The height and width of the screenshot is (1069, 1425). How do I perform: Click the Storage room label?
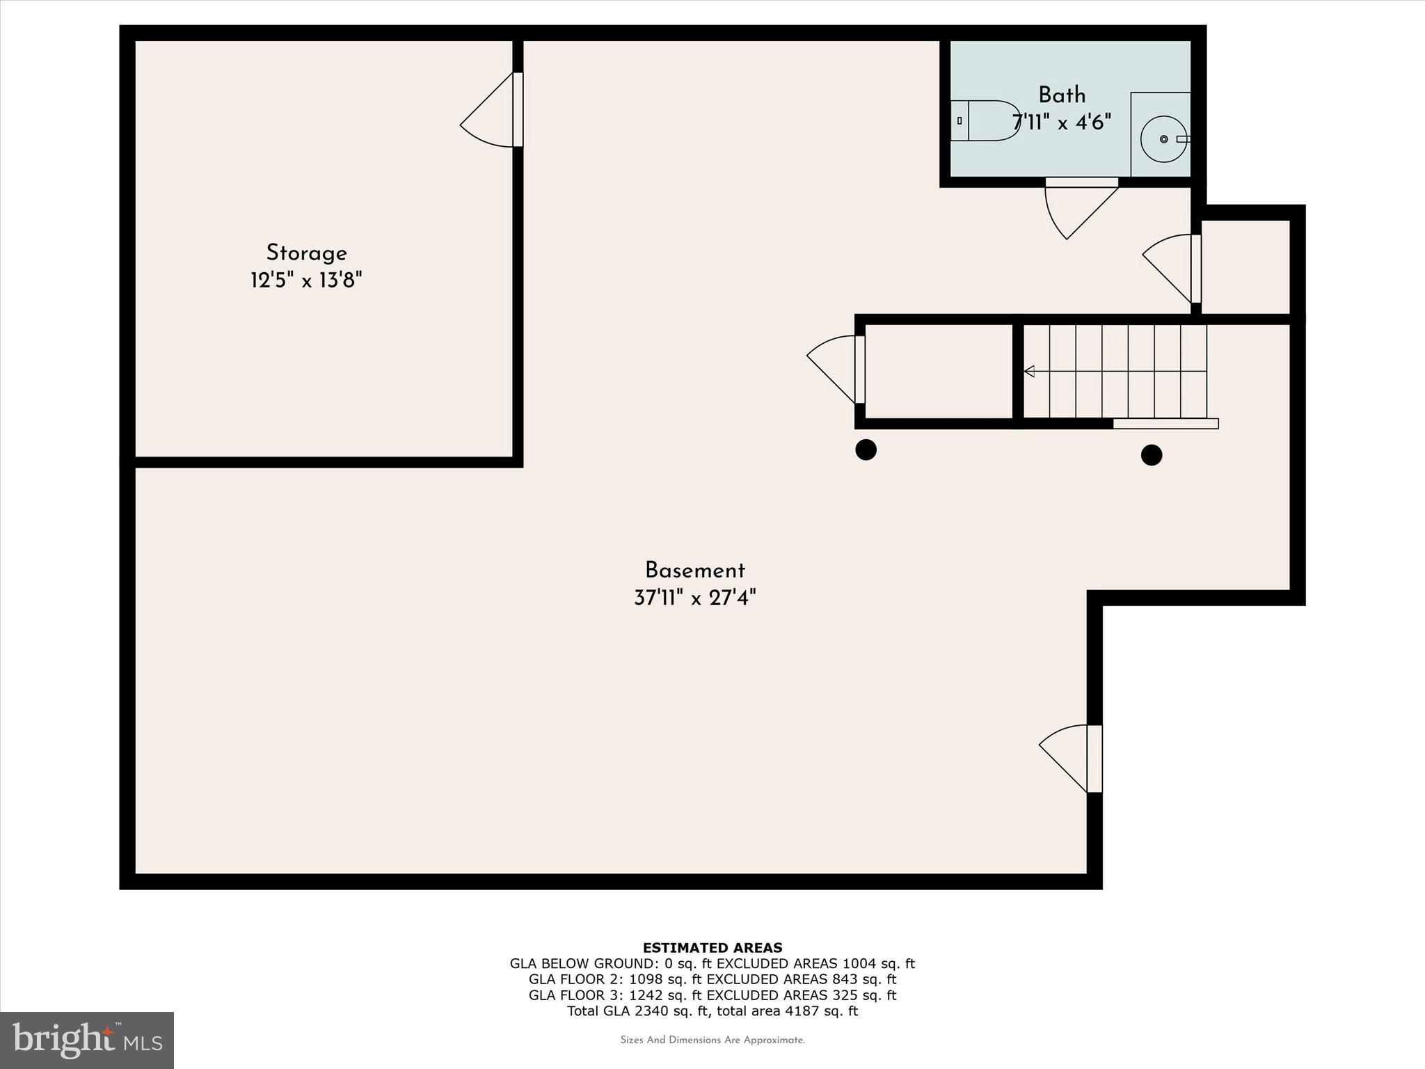pos(306,253)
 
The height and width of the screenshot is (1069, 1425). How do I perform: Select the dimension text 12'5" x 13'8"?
pos(306,280)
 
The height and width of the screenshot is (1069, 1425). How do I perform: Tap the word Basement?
pos(694,571)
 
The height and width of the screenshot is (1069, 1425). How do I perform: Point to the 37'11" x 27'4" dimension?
pos(694,598)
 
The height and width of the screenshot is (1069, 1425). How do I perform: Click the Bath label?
pos(1061,95)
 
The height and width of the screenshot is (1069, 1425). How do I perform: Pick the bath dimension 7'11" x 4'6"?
pos(1061,122)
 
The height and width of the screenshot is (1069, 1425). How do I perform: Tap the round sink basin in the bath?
pos(1163,139)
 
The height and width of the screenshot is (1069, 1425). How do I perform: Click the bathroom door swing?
pos(1075,209)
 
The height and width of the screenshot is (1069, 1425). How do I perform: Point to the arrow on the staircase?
pos(1029,372)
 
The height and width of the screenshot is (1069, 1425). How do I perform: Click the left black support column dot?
pos(866,450)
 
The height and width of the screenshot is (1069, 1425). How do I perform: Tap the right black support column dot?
pos(1152,455)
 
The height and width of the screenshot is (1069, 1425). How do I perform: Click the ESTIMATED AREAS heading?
pos(712,947)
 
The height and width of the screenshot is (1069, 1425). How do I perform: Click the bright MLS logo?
pos(87,1040)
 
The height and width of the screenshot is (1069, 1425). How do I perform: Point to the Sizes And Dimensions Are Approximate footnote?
pos(712,1040)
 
